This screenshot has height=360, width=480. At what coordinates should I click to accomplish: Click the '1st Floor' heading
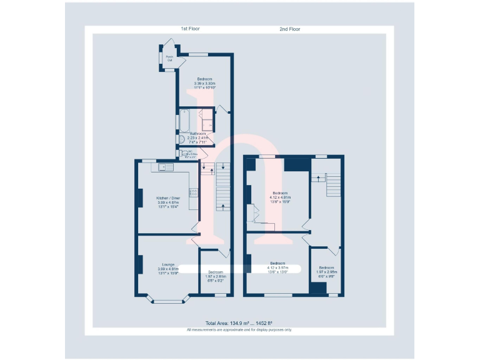point(190,29)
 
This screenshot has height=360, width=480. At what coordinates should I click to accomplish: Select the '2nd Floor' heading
point(290,29)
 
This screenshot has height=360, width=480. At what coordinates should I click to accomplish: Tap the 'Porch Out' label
point(169,59)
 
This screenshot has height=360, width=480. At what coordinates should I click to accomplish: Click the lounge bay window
point(166,301)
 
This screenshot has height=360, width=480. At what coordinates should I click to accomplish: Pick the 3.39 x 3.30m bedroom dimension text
point(204,83)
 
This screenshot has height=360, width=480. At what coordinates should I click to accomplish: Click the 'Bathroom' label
point(198,134)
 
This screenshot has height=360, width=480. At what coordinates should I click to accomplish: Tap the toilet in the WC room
point(181,152)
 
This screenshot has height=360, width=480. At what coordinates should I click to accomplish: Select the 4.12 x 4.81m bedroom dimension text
point(279,197)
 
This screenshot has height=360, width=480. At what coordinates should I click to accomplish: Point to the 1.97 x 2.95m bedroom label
point(326,271)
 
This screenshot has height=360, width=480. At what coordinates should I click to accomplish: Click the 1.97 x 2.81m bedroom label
point(215,276)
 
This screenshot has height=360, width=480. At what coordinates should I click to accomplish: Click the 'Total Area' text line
point(239,323)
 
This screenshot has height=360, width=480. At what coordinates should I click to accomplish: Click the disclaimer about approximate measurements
point(239,329)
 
